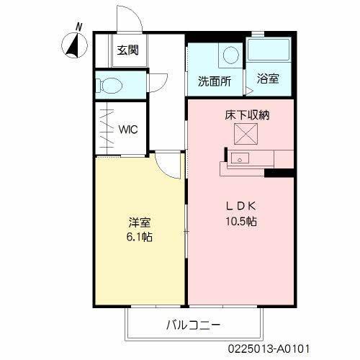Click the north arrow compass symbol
tap(72, 45)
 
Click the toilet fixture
tap(109, 84)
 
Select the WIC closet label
tap(129, 130)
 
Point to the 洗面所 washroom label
tap(215, 81)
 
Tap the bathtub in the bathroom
tap(269, 52)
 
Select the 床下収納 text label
tap(247, 114)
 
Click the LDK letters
tap(240, 204)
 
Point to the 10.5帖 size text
tap(240, 221)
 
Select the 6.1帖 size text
tap(140, 238)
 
